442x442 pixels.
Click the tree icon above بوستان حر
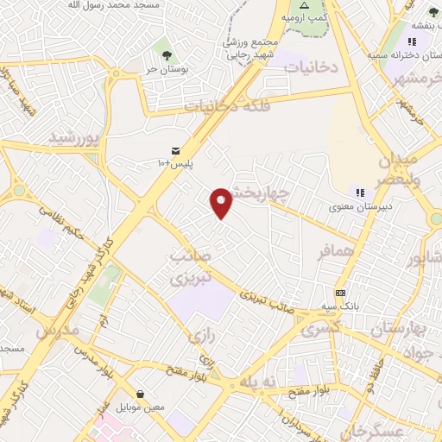[x=163, y=52]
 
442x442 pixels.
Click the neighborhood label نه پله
[x=261, y=382]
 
